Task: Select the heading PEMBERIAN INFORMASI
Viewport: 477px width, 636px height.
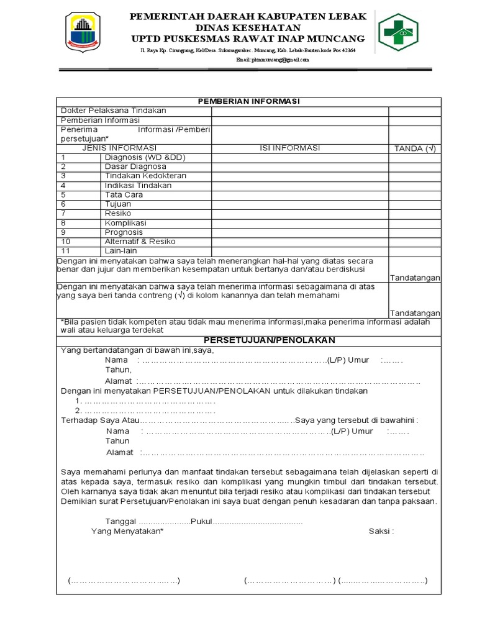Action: point(248,101)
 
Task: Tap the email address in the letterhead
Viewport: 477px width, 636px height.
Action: point(272,60)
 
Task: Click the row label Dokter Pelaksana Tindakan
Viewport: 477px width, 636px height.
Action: point(113,111)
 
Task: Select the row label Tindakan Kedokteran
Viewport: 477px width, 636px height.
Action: point(145,176)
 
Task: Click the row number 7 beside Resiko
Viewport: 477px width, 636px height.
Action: point(63,214)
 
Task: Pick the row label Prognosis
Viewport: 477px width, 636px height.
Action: point(124,232)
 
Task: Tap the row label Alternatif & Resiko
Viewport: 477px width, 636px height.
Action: point(140,242)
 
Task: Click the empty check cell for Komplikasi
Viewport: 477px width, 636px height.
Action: point(415,223)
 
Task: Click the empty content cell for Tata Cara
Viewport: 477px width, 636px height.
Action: point(300,195)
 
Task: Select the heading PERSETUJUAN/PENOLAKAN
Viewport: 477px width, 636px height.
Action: point(270,340)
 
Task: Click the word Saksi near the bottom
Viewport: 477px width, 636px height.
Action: point(381,531)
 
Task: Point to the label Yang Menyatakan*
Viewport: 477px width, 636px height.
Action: point(127,531)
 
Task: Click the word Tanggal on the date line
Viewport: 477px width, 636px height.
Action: point(120,521)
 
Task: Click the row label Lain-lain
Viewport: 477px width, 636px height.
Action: point(120,251)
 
